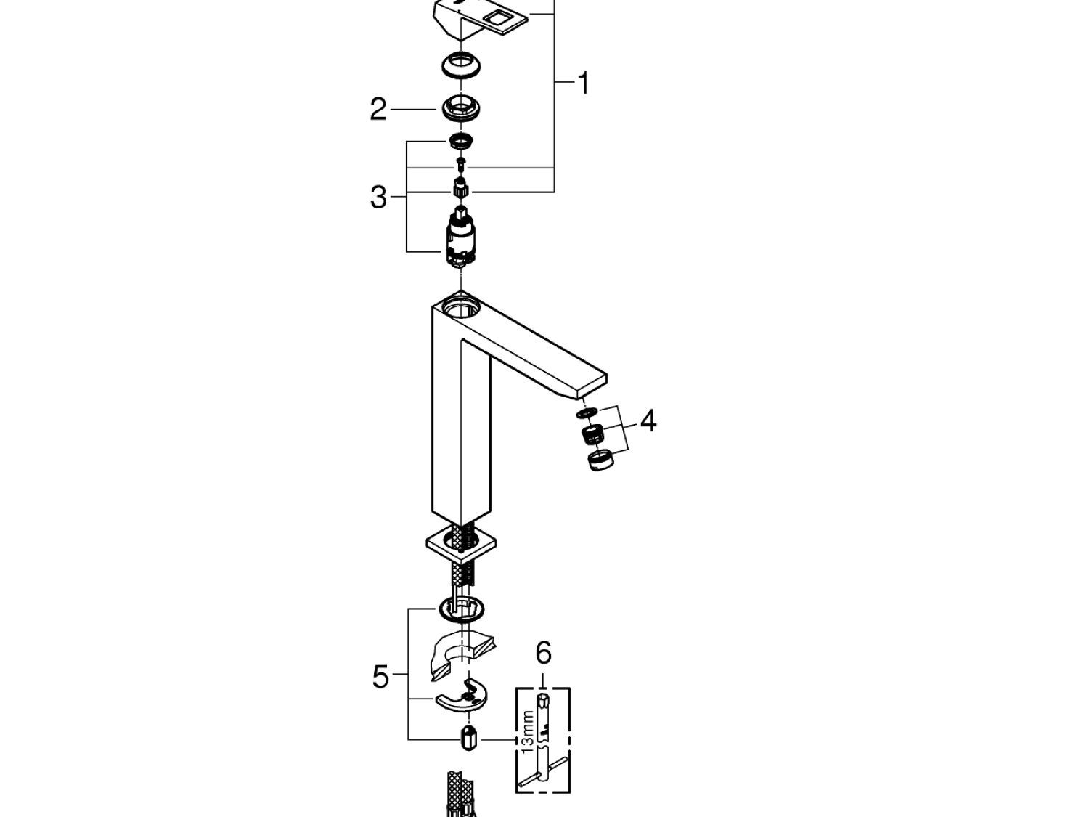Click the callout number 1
point(583,84)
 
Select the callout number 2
point(378,110)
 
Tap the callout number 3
point(378,196)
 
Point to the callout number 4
point(648,420)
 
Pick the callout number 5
point(380,677)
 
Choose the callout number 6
point(543,654)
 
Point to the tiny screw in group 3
point(460,162)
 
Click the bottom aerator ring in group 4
point(599,460)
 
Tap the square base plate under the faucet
point(462,543)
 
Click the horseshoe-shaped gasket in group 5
point(462,654)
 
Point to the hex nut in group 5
point(469,739)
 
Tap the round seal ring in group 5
point(462,610)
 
